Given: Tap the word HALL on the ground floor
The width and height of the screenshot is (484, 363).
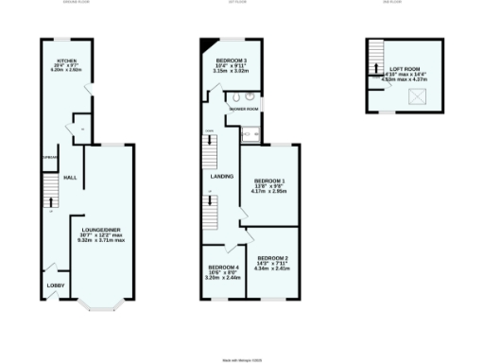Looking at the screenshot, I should click(x=70, y=177).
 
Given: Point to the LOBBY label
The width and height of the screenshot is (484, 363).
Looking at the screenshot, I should click(x=56, y=285).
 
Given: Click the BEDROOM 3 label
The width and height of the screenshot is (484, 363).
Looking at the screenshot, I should click(x=233, y=60).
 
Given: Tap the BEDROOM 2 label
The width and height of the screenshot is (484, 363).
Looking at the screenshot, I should click(x=272, y=257).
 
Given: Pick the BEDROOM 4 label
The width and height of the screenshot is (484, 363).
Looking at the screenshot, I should click(x=223, y=268).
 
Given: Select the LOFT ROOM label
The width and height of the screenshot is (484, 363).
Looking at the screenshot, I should click(x=396, y=69).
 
